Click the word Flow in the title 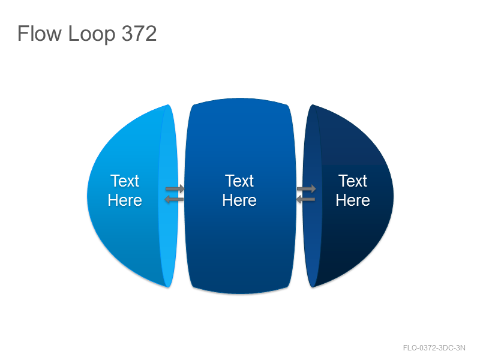coord(40,34)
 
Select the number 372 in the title coord(139,34)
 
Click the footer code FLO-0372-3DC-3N coord(434,348)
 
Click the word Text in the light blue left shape coord(125,181)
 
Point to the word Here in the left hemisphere coord(125,200)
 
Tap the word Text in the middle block coord(239,181)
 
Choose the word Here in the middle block coord(239,200)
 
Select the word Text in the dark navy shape coord(353,181)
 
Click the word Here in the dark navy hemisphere coord(353,200)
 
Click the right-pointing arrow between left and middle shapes coord(175,188)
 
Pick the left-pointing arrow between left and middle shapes coord(174,200)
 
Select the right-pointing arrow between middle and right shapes coord(307,188)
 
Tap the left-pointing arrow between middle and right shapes coord(306,200)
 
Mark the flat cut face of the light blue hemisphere coord(169,196)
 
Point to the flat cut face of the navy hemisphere coord(312,196)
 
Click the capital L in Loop coord(73,34)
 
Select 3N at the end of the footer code coord(461,348)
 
